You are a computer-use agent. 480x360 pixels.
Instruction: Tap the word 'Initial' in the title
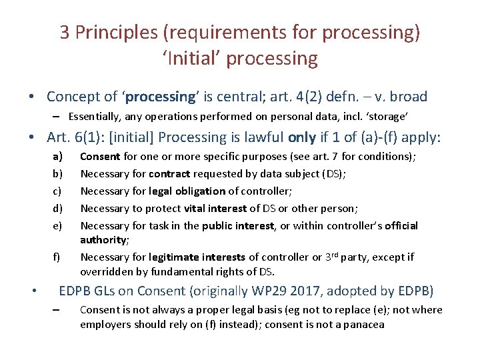click(192, 58)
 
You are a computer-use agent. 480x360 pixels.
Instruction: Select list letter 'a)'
click(58, 157)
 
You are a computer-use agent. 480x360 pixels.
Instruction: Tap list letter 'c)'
click(58, 191)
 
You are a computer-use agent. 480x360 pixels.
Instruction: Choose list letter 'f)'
click(57, 257)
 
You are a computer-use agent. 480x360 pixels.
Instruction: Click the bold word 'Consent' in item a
click(100, 157)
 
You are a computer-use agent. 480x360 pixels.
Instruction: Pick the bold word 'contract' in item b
click(169, 173)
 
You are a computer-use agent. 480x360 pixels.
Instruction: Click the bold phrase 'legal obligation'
click(187, 191)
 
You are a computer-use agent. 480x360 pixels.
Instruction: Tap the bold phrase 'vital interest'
click(215, 208)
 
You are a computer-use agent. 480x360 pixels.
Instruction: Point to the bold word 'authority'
click(103, 239)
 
